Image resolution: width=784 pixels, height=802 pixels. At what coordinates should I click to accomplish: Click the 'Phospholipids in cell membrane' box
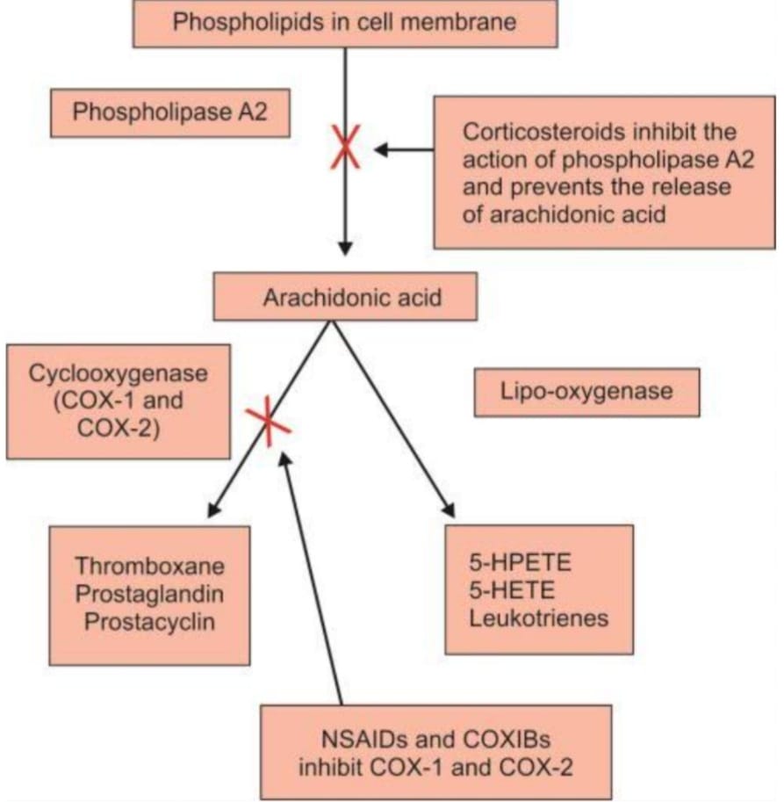pyautogui.click(x=344, y=22)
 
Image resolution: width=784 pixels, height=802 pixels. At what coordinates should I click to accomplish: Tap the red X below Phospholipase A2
pyautogui.click(x=345, y=148)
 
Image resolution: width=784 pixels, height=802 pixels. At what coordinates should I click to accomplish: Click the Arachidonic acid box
pyautogui.click(x=346, y=297)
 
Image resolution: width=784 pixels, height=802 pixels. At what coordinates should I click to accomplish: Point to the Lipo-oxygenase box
pyautogui.click(x=586, y=391)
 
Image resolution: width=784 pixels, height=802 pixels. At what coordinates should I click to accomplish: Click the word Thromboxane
pyautogui.click(x=149, y=565)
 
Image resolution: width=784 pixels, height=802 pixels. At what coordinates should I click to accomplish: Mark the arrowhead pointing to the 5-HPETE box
pyautogui.click(x=450, y=510)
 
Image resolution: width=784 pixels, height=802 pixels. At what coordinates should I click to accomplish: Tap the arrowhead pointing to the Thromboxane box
pyautogui.click(x=212, y=509)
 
